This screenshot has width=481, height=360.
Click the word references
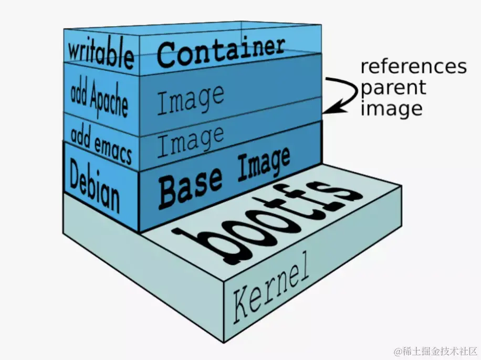[x=413, y=67]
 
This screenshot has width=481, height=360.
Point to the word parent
[x=393, y=88]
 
